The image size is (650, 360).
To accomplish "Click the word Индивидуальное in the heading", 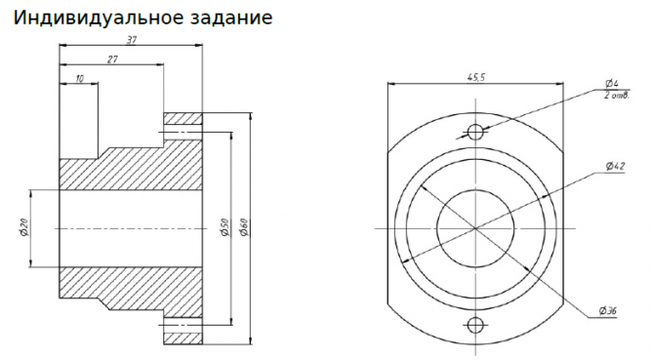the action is coord(99,18).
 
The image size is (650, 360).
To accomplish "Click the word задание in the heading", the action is coord(231,18).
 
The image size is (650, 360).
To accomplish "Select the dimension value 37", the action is coord(132,40).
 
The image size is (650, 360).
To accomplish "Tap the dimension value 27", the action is coord(112,60).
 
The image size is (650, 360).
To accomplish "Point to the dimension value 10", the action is coord(80,78).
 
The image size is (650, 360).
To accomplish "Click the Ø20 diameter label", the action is coord(23,228).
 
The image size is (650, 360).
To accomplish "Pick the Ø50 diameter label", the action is coord(224,227).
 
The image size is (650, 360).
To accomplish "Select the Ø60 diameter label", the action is coord(244,227).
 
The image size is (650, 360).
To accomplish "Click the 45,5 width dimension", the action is coord(476,77).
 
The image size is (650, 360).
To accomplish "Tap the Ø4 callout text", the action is coord(611,83).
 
